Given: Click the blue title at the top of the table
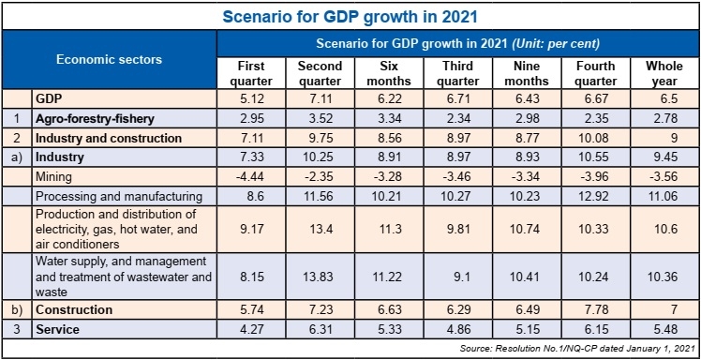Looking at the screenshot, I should point(350,15).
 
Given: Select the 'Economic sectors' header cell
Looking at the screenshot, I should point(109,59).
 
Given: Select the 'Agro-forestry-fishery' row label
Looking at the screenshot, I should point(94,119).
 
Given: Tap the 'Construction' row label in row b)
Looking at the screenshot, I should point(75,310).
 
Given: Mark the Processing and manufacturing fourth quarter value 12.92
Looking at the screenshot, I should point(595,197).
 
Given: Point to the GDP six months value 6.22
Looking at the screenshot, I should point(387,99).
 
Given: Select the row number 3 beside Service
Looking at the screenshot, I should point(16,330).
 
